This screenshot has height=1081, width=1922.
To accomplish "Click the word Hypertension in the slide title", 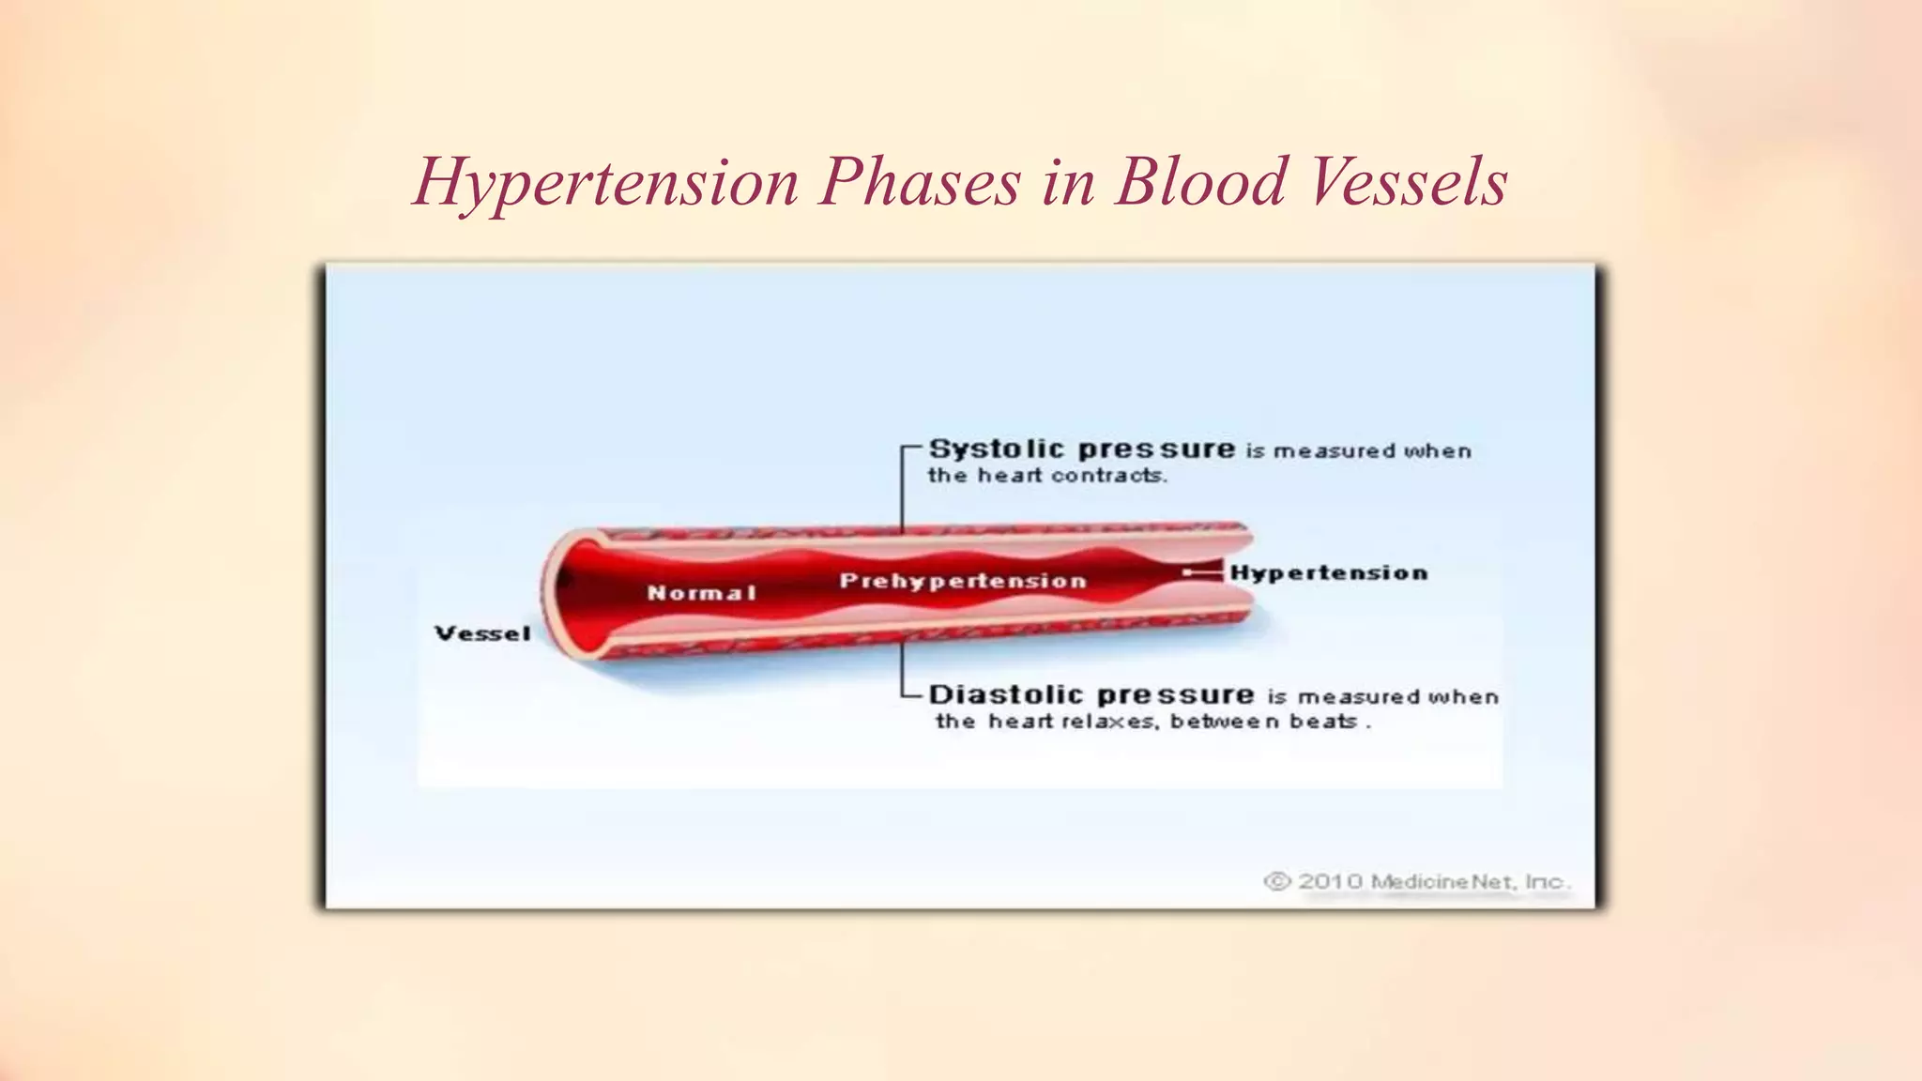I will (x=605, y=182).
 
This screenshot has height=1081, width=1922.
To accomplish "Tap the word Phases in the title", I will (x=919, y=182).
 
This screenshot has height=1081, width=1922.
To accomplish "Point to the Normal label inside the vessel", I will (x=701, y=593).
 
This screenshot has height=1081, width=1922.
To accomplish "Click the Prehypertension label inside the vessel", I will (x=963, y=581).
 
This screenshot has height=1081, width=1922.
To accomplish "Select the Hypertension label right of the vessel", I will (x=1329, y=572).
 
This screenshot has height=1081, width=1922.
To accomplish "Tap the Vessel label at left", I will (x=482, y=633).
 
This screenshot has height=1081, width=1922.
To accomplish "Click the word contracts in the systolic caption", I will (x=1108, y=476).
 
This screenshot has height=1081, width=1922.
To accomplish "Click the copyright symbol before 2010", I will (x=1277, y=881).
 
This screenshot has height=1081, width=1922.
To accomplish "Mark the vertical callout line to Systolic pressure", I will (x=903, y=488).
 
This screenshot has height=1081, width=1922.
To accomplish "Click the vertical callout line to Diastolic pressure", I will (x=903, y=668).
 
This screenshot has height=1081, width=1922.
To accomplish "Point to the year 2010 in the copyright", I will (x=1330, y=881).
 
